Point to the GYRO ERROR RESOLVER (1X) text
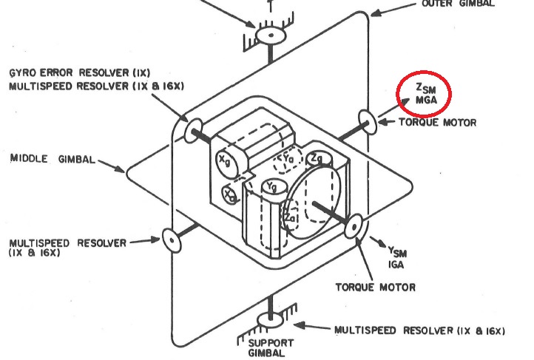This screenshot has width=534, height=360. tap(80, 74)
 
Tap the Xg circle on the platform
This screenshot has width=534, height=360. tap(224, 158)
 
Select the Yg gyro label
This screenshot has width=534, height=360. tap(274, 189)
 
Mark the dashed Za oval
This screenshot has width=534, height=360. tap(291, 218)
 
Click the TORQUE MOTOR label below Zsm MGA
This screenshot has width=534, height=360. tap(437, 122)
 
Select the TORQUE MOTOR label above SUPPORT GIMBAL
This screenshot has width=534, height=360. tap(376, 287)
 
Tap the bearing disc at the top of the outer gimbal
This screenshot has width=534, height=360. tap(271, 34)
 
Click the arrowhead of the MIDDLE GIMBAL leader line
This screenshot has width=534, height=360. tap(124, 169)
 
